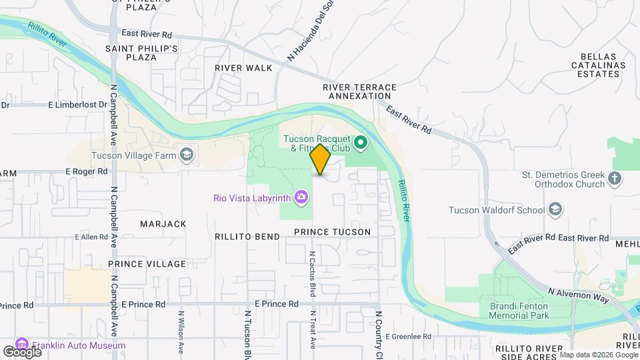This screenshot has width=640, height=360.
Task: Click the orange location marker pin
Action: (320, 159)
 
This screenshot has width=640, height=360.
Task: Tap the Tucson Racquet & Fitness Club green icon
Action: (361, 141)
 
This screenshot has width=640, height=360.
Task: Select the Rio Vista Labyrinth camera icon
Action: (302, 197)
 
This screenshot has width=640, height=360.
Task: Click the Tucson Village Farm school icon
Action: (187, 155)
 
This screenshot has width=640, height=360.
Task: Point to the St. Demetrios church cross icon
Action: (614, 178)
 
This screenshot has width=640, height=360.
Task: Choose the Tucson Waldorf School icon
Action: (555, 210)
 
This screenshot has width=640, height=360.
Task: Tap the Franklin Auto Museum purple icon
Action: (21, 345)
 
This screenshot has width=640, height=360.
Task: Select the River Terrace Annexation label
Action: (359, 91)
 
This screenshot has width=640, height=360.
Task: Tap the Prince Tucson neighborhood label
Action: (332, 231)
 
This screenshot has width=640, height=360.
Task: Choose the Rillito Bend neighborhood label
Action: (247, 237)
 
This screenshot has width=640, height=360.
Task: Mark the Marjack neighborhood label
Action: (163, 224)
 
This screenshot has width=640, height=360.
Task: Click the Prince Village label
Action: (147, 264)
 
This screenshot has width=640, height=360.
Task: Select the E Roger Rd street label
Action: (87, 171)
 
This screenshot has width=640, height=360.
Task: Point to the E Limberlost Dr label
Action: (78, 105)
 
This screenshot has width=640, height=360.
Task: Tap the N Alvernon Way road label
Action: (579, 295)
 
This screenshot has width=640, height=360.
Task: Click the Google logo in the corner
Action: (21, 351)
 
